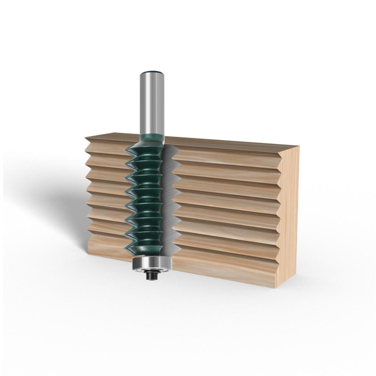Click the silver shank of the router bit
coord(152,103)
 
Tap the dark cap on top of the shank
coord(152,73)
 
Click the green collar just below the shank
coord(151,139)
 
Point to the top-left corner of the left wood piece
coord(86,138)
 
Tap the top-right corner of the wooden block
coord(299,147)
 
